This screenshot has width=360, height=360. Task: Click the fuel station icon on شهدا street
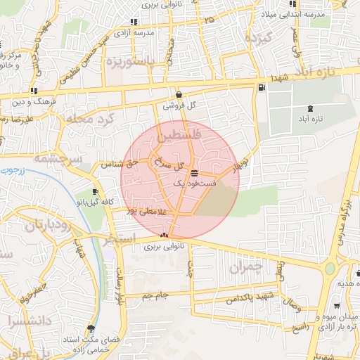pyautogui.click(x=262, y=88)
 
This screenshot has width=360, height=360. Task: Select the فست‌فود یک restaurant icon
pyautogui.click(x=194, y=173)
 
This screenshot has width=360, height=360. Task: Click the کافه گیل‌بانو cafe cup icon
pyautogui.click(x=96, y=191)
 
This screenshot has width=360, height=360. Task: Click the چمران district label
pyautogui.click(x=245, y=267)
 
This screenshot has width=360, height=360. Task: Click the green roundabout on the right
pyautogui.click(x=329, y=268)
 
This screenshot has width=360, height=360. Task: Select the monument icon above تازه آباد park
pyautogui.click(x=310, y=108)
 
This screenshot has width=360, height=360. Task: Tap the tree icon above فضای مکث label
pyautogui.click(x=90, y=328)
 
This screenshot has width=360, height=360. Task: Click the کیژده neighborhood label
pyautogui.click(x=254, y=39)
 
